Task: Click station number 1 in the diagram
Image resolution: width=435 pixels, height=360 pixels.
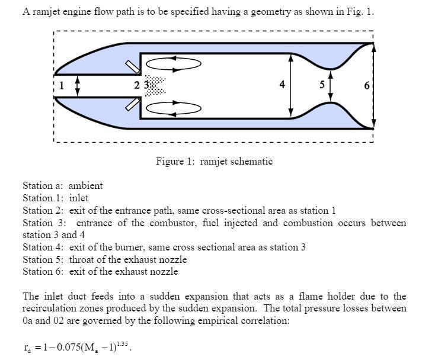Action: [60, 85]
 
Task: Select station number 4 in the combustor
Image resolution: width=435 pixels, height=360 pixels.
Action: [282, 85]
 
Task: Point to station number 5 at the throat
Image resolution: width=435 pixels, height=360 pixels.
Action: [322, 85]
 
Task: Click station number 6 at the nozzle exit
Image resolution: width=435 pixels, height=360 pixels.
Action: [367, 86]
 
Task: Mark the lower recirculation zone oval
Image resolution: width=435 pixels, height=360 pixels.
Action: [173, 108]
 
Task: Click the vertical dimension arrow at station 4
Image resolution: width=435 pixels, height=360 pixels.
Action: [291, 85]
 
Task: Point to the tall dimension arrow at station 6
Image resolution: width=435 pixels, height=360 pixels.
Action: [373, 85]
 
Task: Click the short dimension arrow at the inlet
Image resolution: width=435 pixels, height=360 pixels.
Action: [78, 85]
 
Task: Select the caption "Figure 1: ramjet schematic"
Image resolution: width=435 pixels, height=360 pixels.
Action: [214, 161]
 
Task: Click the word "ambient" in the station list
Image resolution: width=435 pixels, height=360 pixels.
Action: [85, 186]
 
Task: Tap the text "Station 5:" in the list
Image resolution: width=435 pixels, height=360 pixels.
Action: [43, 259]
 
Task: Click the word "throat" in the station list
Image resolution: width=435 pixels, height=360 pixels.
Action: [81, 259]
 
